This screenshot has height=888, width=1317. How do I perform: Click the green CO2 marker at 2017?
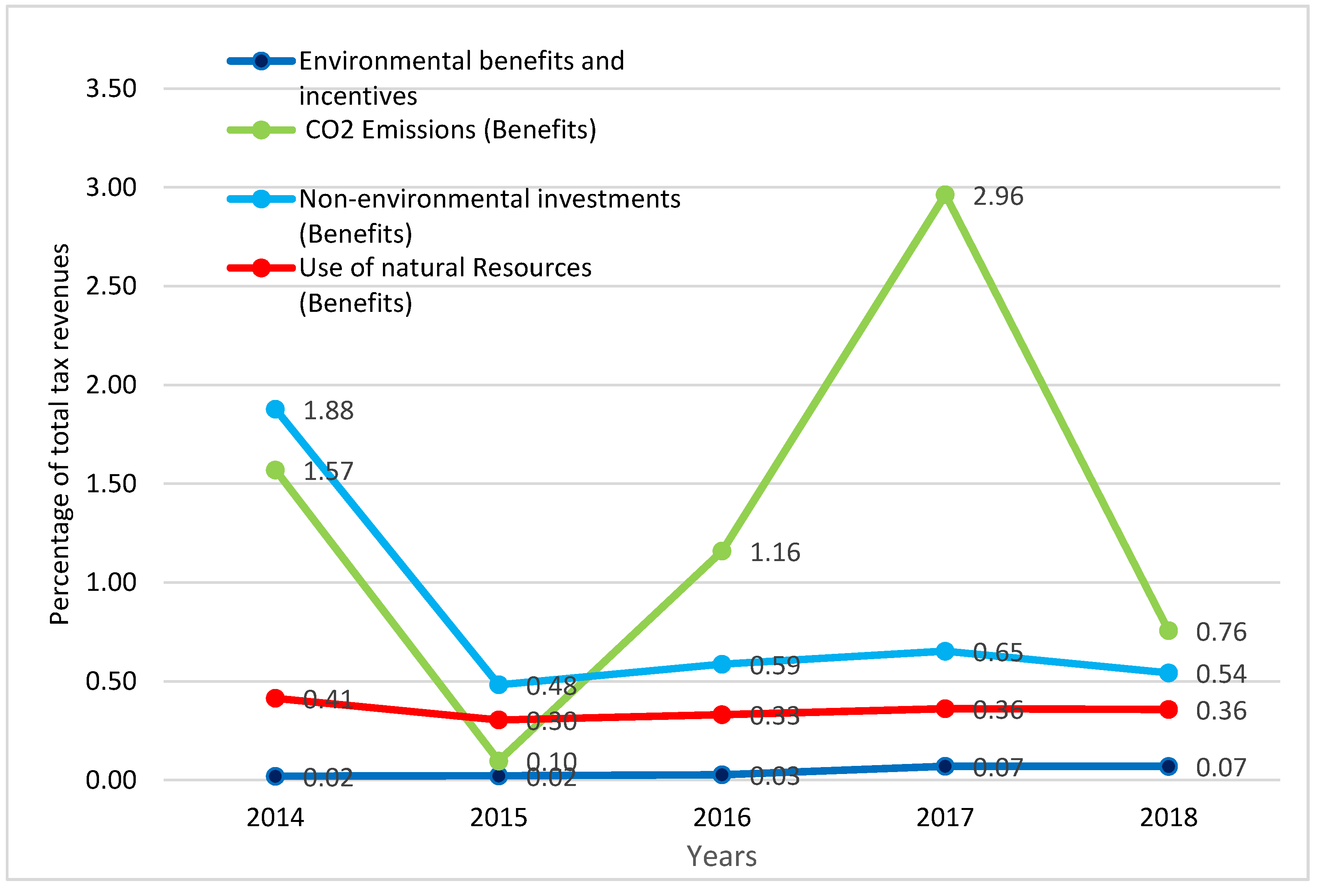945,195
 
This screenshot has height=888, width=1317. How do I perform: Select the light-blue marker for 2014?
275,409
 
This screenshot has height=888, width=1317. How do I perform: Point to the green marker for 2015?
499,760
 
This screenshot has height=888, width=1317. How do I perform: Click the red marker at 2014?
275,698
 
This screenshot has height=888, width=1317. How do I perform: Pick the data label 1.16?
775,552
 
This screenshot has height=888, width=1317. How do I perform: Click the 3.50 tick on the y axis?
111,88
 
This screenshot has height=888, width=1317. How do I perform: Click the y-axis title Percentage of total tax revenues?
60,434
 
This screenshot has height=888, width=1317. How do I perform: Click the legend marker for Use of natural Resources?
261,267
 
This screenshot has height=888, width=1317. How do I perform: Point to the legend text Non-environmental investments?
490,199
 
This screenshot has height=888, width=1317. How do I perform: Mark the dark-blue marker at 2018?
1168,766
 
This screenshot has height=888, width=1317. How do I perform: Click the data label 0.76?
1221,632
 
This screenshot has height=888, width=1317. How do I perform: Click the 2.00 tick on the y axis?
111,385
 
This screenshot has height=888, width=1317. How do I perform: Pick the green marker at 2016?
721,551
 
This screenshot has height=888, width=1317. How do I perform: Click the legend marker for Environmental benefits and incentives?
261,61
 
